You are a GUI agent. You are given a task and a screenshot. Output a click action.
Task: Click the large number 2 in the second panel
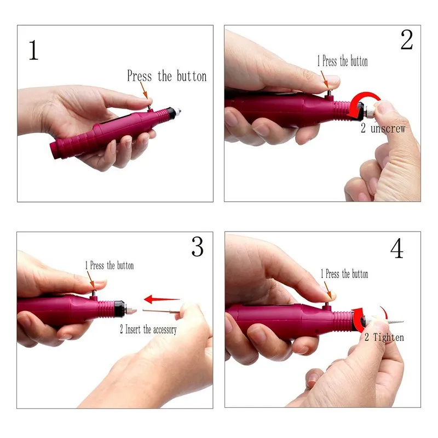pyautogui.click(x=406, y=39)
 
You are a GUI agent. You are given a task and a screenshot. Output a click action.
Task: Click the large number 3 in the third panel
pyautogui.click(x=197, y=247)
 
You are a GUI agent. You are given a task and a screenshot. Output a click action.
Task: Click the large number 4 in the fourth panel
pyautogui.click(x=397, y=249)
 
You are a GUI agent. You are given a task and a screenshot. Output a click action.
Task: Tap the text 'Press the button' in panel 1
pyautogui.click(x=166, y=76)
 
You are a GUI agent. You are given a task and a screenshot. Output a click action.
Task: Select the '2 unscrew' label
pyautogui.click(x=383, y=129)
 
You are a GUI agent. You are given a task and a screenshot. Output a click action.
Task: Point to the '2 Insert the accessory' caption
pyautogui.click(x=148, y=330)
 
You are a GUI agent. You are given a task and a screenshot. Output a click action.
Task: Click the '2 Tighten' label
pyautogui.click(x=384, y=337)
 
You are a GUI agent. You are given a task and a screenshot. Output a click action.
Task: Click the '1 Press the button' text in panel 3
pyautogui.click(x=109, y=266)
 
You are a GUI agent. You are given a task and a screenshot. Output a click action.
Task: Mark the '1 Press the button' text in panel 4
pyautogui.click(x=344, y=274)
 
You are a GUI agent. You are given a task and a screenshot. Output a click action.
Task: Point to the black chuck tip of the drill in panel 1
pyautogui.click(x=174, y=111)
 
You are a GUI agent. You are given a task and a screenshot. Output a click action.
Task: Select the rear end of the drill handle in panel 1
pyautogui.click(x=55, y=148)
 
